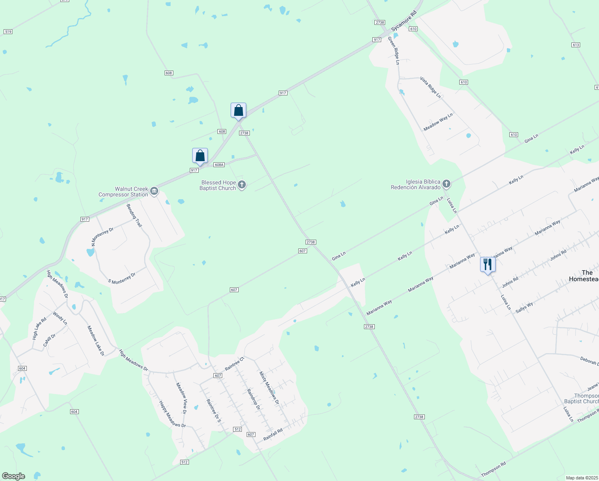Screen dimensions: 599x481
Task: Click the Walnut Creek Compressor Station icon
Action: click(x=154, y=192)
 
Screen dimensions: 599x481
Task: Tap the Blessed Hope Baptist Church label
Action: click(x=218, y=186)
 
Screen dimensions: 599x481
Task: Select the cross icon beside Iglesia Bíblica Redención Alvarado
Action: click(x=446, y=184)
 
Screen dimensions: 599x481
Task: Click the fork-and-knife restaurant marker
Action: click(x=487, y=265)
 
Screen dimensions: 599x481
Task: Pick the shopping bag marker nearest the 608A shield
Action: click(x=200, y=156)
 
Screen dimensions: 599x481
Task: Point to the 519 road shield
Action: click(x=8, y=31)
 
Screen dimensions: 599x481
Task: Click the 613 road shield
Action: click(x=576, y=45)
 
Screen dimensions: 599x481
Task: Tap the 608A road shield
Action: click(x=219, y=165)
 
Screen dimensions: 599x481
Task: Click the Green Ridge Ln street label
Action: click(x=394, y=51)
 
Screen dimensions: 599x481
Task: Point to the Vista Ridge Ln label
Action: click(x=430, y=87)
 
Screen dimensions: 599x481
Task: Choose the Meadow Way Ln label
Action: click(x=438, y=122)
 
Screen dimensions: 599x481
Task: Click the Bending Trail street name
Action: click(x=134, y=216)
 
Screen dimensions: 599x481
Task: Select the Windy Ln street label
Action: click(x=60, y=318)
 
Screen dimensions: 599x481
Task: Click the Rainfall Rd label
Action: click(x=273, y=435)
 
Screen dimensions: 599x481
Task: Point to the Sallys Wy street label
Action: click(x=524, y=307)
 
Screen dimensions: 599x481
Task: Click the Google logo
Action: click(x=13, y=476)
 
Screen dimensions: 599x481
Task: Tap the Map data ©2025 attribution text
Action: click(x=581, y=478)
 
